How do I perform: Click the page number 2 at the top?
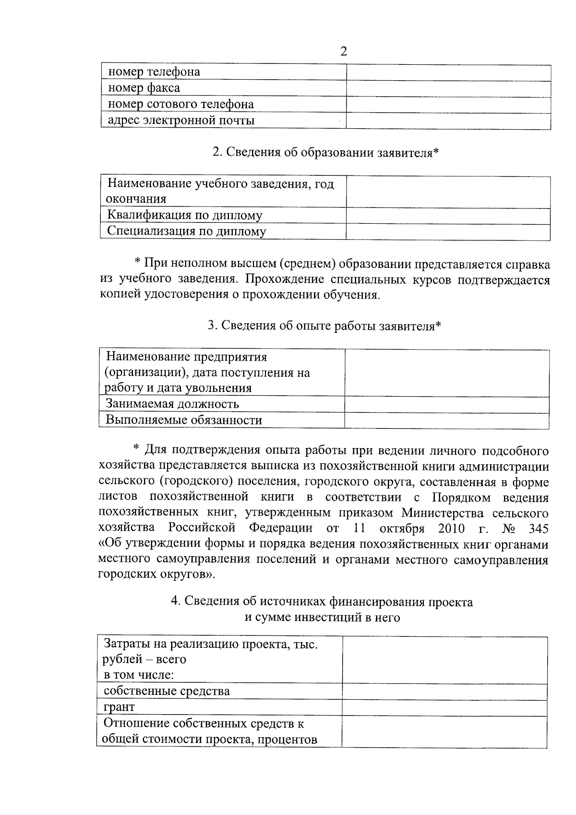(x=343, y=52)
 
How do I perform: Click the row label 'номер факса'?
(x=144, y=88)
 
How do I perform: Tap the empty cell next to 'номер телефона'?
(x=448, y=73)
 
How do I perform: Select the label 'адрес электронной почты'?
(x=181, y=120)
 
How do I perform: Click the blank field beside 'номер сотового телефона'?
(x=448, y=105)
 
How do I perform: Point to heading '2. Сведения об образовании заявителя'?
(x=325, y=153)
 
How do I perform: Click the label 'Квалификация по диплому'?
(x=184, y=215)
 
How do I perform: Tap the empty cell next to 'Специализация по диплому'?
(x=448, y=232)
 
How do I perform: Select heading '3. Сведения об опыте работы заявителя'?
(x=324, y=326)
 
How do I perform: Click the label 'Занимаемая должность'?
(x=172, y=404)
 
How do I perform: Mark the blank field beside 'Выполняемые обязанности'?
(x=446, y=421)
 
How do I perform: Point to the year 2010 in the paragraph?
(x=451, y=529)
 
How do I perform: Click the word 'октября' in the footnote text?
(x=402, y=529)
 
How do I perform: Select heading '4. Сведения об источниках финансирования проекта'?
(x=322, y=602)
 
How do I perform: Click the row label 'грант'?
(x=119, y=707)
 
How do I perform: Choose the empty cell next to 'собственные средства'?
(x=444, y=692)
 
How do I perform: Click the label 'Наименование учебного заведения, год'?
(x=220, y=184)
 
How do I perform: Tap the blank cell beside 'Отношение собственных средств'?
(x=444, y=731)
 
